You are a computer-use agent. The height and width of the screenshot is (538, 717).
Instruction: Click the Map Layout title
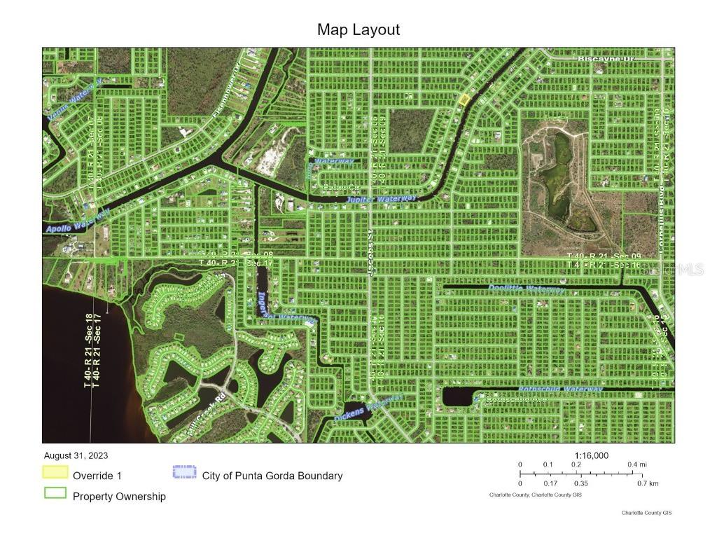[358, 29]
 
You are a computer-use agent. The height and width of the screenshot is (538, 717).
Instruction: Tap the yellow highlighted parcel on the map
[463, 99]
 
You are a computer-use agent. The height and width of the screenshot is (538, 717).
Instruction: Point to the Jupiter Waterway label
[382, 200]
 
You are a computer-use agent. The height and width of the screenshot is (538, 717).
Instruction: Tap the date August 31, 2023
[76, 455]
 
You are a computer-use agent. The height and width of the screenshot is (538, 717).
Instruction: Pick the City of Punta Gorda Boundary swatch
[185, 472]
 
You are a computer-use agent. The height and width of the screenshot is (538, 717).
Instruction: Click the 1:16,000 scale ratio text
[592, 455]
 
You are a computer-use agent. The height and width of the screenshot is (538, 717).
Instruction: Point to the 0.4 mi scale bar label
[636, 465]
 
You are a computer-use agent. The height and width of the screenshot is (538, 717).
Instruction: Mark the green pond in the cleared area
[561, 175]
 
